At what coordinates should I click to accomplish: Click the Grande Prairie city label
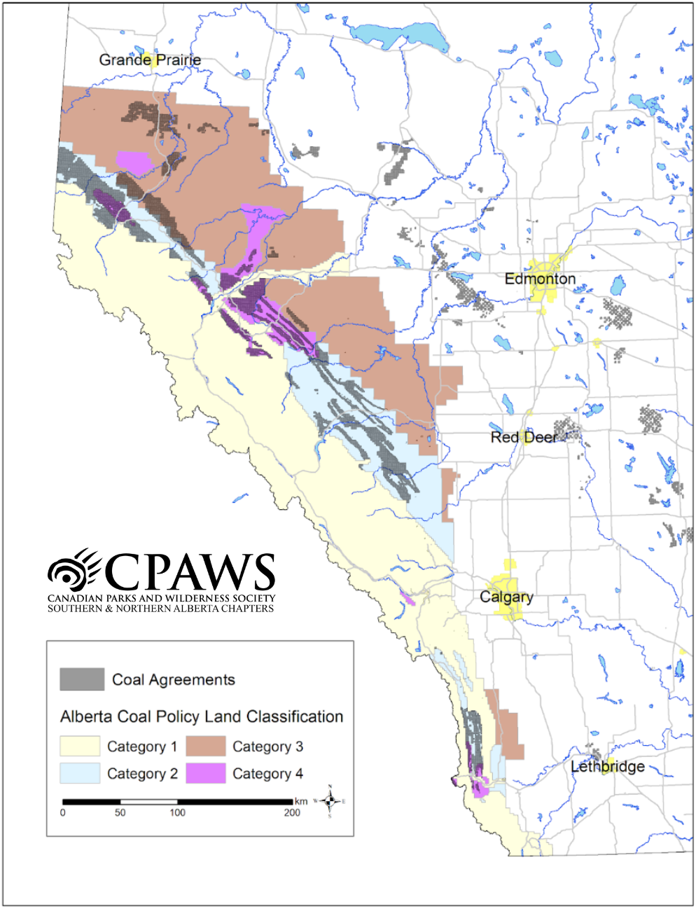coord(150,60)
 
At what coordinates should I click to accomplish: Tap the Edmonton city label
coord(540,279)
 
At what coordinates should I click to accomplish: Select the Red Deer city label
coord(524,438)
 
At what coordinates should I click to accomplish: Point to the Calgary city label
coord(506,597)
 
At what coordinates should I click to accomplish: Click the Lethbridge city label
coord(607,767)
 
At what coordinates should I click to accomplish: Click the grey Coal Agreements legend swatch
coord(82,679)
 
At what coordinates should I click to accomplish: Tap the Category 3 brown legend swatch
coord(206,747)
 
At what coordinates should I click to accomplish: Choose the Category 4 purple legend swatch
coord(206,774)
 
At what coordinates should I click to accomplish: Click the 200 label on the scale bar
coord(292,813)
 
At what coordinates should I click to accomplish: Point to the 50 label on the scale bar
coord(120,813)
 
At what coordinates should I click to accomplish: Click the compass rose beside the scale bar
coord(330,801)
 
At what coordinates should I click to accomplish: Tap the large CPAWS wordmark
coord(189,571)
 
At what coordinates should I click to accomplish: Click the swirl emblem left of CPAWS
coord(73,570)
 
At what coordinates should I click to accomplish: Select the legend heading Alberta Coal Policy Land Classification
coord(202,717)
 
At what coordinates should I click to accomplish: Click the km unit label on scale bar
coord(301,801)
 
